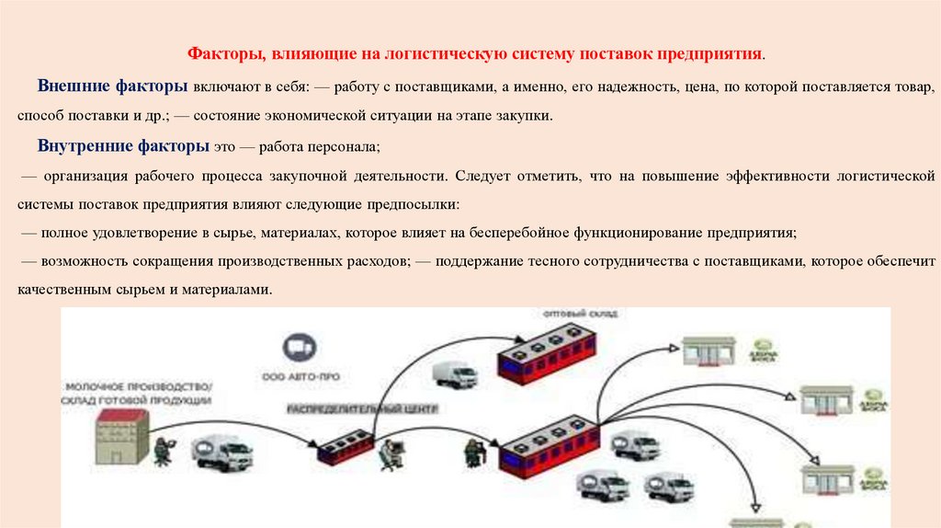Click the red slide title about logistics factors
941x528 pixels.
pyautogui.click(x=476, y=54)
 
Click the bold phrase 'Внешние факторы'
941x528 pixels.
pyautogui.click(x=113, y=86)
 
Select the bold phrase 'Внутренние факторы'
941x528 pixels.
pyautogui.click(x=124, y=146)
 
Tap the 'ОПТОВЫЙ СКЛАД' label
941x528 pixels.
pyautogui.click(x=581, y=314)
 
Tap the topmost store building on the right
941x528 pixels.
pyautogui.click(x=709, y=351)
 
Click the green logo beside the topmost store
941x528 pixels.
pyautogui.click(x=763, y=357)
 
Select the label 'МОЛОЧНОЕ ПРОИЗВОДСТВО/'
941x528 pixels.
pyautogui.click(x=138, y=386)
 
